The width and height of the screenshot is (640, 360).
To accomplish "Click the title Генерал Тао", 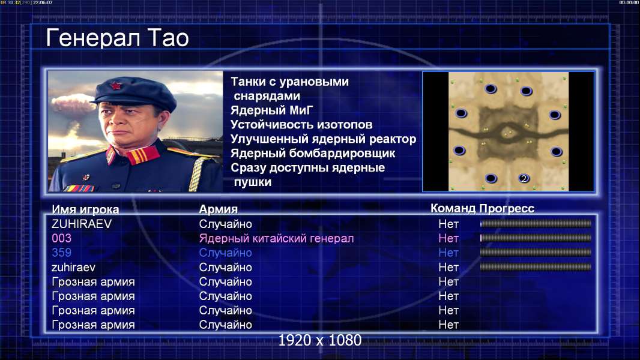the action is pos(117,38).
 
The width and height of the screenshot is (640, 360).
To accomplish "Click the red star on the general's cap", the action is pos(116,86).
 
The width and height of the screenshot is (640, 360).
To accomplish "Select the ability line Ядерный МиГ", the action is pos(272,110).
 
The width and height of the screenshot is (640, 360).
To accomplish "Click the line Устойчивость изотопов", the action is pos(301,125).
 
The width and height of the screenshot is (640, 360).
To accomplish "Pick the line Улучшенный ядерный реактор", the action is pos(323,139).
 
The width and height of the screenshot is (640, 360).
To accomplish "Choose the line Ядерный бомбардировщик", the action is pos(313,153).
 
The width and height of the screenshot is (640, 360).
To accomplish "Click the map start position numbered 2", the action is pos(524,178).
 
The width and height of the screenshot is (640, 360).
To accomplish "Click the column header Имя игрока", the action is pos(85,209).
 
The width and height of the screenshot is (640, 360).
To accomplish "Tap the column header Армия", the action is pos(219,209).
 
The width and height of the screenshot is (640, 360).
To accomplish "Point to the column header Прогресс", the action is pos(507,209).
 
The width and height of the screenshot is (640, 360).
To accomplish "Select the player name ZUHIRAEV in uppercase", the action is pos(82,224).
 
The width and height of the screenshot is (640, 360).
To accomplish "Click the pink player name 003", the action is pos(62,238).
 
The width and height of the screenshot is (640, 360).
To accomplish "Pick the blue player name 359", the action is pos(62,253).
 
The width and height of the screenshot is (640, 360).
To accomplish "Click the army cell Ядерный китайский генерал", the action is pos(276,239).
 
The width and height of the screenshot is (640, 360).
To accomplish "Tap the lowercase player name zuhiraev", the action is pos(73,268).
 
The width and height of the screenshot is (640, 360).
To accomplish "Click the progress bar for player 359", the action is pos(536,253).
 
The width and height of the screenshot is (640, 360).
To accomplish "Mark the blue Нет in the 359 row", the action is pos(448,253).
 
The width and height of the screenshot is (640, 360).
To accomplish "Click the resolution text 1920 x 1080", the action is pos(320,340).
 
